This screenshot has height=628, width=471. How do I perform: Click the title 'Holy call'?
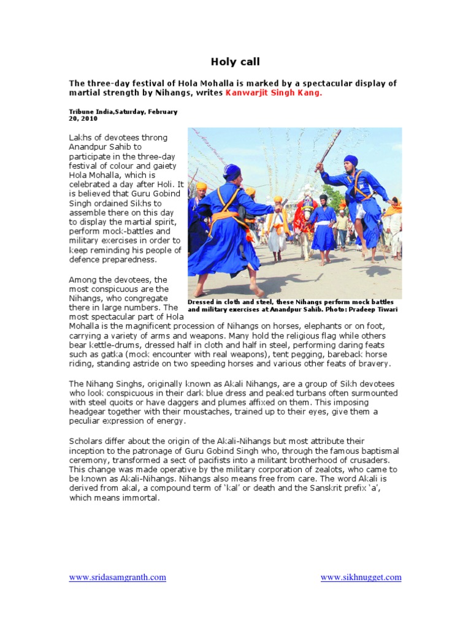[x=235, y=61]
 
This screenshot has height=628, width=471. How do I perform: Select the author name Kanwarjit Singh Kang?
[x=274, y=93]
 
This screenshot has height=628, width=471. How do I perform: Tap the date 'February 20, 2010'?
[x=123, y=115]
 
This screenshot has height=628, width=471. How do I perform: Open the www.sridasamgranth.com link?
[x=117, y=577]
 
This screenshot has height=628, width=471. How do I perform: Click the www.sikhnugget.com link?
[x=361, y=577]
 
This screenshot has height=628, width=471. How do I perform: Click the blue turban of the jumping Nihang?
[x=351, y=161]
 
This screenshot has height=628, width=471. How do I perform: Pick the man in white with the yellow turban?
[x=278, y=227]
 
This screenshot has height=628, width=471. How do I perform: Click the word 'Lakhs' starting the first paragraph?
[x=79, y=137]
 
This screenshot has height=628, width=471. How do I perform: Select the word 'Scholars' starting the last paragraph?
[x=86, y=441]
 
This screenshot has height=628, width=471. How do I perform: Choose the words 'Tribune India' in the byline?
[x=90, y=112]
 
